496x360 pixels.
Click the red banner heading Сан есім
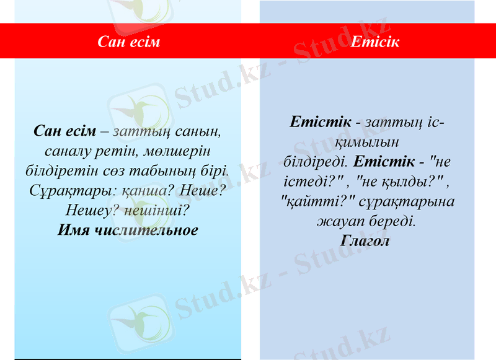[x=129, y=42]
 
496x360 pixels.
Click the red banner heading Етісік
[x=374, y=42]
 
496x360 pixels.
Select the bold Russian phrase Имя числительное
[x=128, y=230]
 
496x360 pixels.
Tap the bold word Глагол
[x=365, y=240]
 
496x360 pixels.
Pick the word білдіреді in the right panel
[x=315, y=162]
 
